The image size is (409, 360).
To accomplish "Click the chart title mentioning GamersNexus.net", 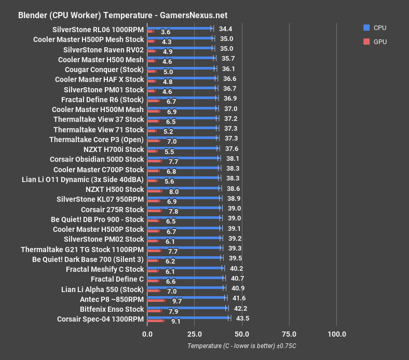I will point(122,16).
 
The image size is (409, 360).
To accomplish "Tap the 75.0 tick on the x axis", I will point(289,334).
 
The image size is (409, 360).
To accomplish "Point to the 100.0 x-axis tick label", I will point(337,334).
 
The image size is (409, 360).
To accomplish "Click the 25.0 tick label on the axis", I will point(194,334).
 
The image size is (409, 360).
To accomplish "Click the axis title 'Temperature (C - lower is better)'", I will point(245,346).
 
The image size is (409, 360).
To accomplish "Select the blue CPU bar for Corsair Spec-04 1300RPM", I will point(188,317).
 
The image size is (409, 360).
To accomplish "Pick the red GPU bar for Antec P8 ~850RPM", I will point(156,301).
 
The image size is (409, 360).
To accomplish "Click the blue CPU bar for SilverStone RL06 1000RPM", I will point(180,29).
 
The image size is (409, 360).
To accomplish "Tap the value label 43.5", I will point(242,319).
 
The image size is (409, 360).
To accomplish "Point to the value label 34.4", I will point(225,29).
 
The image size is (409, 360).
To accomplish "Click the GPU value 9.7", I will point(177,301).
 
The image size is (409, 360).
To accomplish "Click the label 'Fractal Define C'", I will point(117,279).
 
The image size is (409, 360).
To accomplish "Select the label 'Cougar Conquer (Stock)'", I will point(104,70).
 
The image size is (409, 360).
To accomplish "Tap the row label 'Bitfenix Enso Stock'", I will point(112,309).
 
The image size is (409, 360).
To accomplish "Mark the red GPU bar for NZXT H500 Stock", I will point(155,191).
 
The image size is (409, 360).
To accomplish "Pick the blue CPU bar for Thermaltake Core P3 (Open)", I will point(183,138).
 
